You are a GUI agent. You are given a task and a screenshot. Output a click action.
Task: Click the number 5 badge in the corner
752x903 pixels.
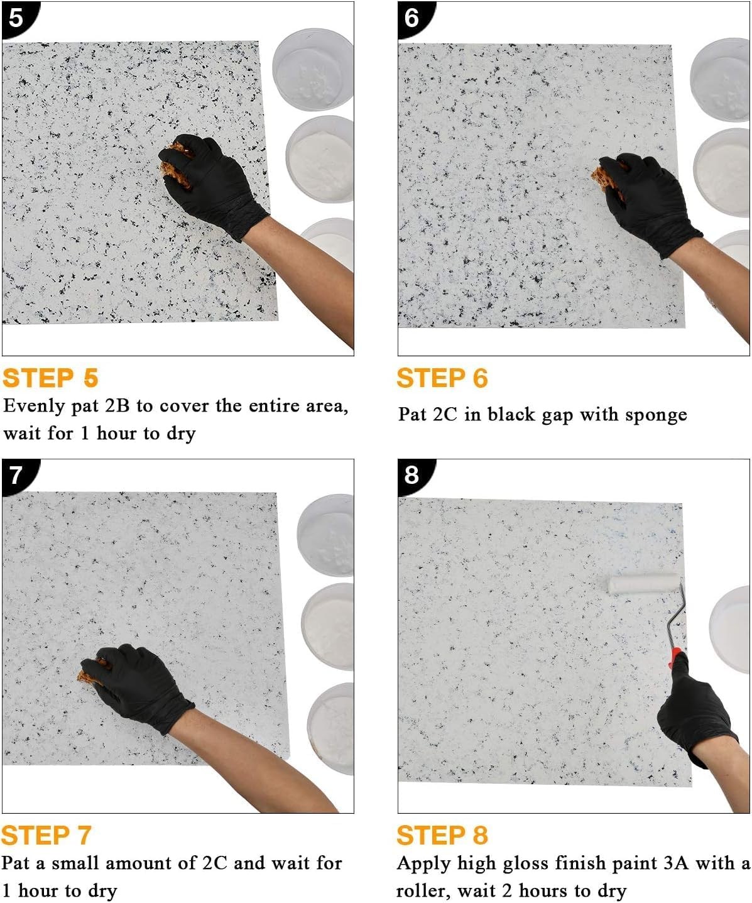15,17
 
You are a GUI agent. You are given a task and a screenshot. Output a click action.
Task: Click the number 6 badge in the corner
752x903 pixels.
411,17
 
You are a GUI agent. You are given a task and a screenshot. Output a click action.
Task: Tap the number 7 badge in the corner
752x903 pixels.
15,474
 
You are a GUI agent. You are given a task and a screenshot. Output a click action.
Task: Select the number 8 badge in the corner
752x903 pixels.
411,474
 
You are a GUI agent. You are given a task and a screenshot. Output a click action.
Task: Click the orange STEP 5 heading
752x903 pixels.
50,378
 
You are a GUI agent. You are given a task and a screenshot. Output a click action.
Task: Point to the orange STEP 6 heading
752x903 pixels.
442,378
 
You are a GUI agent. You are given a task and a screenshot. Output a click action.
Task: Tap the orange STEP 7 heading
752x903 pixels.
46,836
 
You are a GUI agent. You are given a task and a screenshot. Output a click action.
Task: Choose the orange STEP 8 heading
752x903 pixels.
442,836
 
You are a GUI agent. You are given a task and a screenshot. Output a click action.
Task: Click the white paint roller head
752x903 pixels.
643,584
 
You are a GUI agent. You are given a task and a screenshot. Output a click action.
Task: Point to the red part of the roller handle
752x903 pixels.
675,659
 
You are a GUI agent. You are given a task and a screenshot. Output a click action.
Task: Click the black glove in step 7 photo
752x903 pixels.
138,685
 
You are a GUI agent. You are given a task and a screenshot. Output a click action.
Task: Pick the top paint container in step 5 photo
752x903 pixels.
313,69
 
